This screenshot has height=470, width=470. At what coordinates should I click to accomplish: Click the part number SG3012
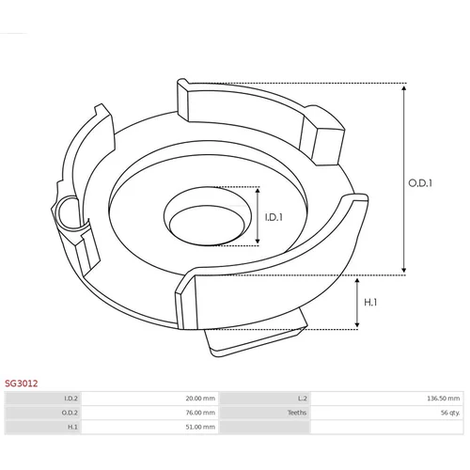(x=21, y=384)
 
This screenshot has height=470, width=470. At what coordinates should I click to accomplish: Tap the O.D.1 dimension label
(x=420, y=183)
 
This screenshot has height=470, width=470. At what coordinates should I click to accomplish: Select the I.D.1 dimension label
(x=274, y=217)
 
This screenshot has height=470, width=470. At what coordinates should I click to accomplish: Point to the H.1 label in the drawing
(x=370, y=303)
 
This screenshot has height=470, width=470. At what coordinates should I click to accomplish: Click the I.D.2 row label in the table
(x=70, y=399)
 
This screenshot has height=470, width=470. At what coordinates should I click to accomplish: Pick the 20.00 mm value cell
(x=200, y=399)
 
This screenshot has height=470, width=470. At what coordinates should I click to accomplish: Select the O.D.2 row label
(x=70, y=413)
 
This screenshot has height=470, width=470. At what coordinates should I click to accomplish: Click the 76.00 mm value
(x=200, y=413)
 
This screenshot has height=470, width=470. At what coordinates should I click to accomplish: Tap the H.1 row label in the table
(x=72, y=427)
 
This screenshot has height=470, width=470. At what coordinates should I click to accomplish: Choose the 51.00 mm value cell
(x=200, y=427)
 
